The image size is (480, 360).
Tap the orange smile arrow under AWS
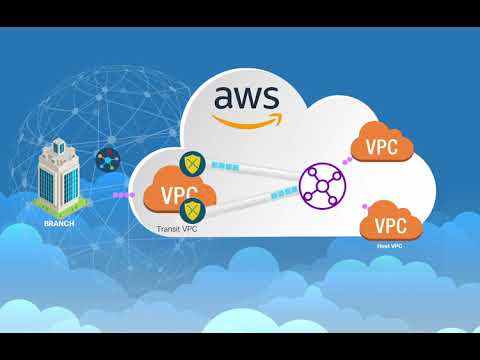pyautogui.click(x=247, y=123)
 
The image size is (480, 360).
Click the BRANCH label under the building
pyautogui.click(x=60, y=223)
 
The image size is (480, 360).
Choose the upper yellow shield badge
pyautogui.click(x=192, y=163)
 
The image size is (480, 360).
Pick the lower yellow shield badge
pyautogui.click(x=192, y=210)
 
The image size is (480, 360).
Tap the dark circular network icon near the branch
pyautogui.click(x=107, y=160)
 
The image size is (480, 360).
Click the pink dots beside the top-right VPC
pyautogui.click(x=346, y=158)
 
